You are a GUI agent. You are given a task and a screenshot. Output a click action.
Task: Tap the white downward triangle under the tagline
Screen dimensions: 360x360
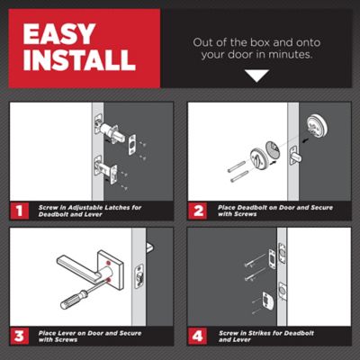(x=256, y=76)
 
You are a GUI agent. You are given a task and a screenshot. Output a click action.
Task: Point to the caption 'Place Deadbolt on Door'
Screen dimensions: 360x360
(x=261, y=210)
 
